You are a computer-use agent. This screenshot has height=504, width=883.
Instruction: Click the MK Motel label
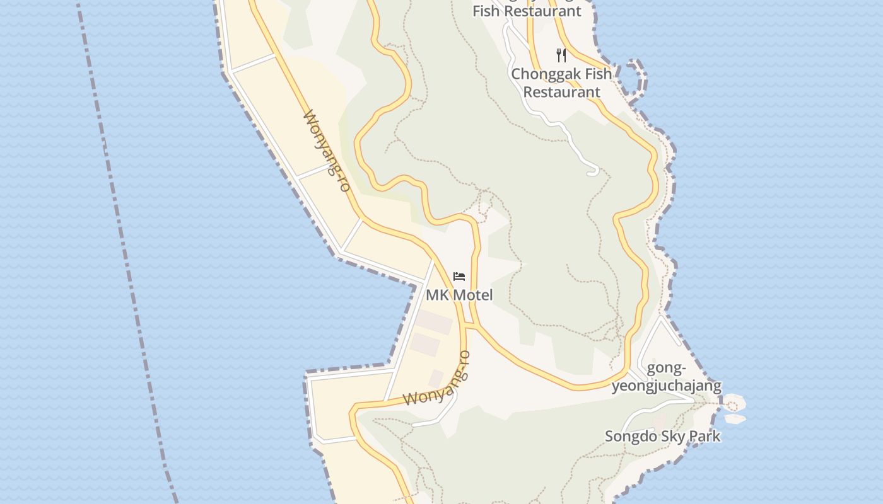[x=459, y=295]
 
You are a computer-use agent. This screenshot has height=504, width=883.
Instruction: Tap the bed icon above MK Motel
[x=459, y=276]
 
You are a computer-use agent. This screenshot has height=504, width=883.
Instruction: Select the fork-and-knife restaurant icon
[x=561, y=55]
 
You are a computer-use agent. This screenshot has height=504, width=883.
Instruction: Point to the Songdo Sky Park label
[x=662, y=436]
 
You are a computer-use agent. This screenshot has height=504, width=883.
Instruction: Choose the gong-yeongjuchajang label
[x=666, y=377]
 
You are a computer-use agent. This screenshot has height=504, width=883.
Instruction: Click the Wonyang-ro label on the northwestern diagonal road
[x=327, y=151]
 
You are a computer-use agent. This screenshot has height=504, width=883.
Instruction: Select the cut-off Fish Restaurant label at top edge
[x=527, y=11]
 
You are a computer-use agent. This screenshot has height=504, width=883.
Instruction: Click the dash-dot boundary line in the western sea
[x=126, y=252]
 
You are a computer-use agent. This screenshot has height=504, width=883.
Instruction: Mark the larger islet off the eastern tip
[x=734, y=402]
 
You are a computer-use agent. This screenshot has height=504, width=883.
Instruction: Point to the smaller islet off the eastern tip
[x=735, y=418]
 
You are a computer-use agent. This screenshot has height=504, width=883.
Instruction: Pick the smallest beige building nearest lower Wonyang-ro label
[x=436, y=378]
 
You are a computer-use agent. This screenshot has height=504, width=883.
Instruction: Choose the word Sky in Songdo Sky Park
[x=671, y=436]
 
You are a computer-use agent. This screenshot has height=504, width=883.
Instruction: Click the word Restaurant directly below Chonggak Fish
[x=561, y=92]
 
